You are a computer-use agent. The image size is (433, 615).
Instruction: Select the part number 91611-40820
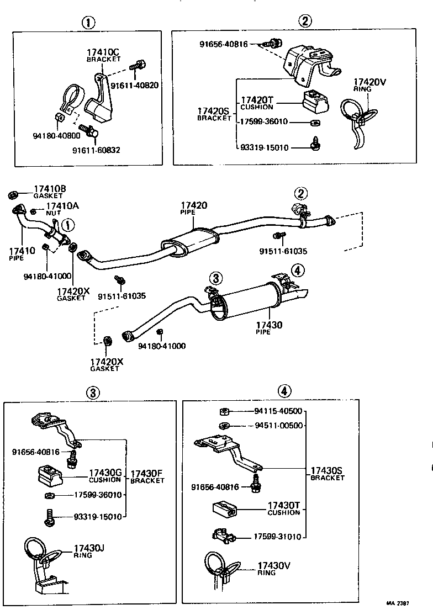(x=135, y=86)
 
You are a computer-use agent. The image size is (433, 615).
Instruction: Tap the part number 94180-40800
(x=56, y=135)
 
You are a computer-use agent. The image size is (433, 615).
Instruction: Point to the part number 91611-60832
(x=96, y=150)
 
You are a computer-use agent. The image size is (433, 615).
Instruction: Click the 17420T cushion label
(x=257, y=103)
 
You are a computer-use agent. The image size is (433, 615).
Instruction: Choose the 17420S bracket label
(x=214, y=114)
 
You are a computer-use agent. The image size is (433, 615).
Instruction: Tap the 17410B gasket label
(x=50, y=192)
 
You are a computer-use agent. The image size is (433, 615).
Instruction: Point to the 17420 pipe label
(x=193, y=208)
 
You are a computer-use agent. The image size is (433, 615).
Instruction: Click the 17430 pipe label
(x=269, y=328)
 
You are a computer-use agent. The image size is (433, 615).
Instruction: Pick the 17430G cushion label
(x=105, y=476)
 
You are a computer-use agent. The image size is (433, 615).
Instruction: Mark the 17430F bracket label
(x=147, y=476)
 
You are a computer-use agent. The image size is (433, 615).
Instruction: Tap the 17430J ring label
(x=89, y=550)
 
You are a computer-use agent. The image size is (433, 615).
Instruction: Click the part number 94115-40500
(x=278, y=411)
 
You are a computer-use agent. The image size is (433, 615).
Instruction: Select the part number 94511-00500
(x=278, y=426)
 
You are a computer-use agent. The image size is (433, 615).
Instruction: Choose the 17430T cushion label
(x=284, y=508)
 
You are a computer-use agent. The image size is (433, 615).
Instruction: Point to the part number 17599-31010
(x=278, y=536)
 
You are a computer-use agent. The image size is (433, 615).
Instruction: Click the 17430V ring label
(x=274, y=568)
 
